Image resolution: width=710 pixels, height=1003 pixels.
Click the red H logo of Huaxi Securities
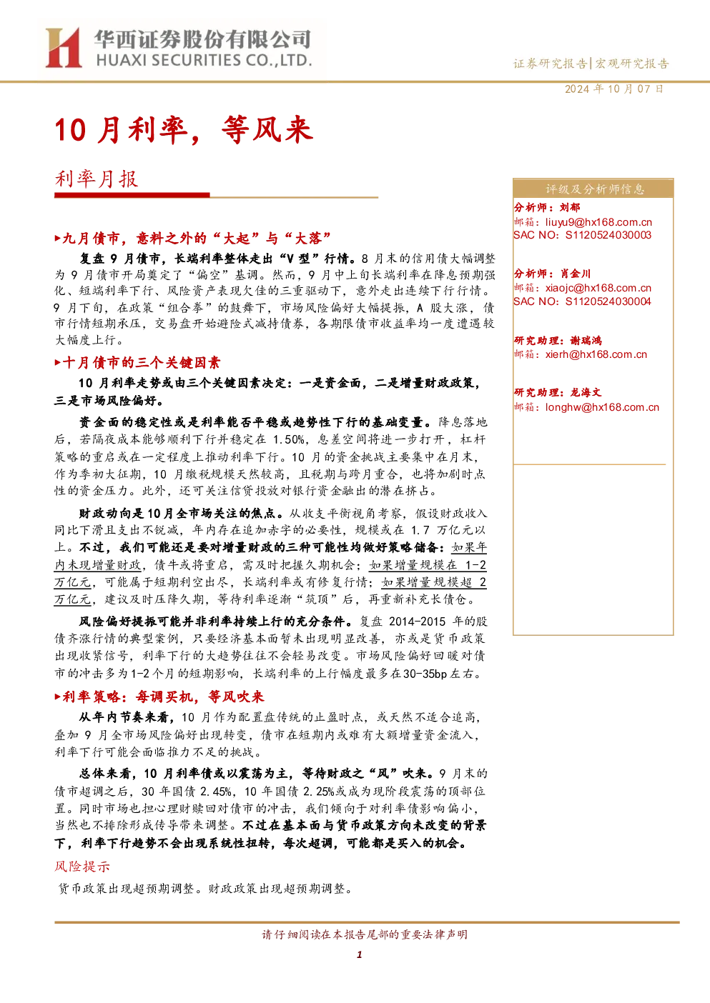(64, 47)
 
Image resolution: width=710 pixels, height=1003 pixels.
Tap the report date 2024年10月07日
(613, 89)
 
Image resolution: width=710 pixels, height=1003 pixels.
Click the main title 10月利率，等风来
(184, 130)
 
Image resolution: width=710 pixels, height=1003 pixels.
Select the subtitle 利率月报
(97, 179)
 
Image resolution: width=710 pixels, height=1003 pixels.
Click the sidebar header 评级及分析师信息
(595, 189)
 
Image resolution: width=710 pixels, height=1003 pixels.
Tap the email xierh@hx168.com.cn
(596, 354)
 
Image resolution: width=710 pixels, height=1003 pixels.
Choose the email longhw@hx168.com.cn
(602, 407)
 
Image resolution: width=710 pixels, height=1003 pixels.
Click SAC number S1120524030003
(608, 235)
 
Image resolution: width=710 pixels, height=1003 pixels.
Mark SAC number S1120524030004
(608, 301)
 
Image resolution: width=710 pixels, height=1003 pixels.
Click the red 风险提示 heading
(82, 866)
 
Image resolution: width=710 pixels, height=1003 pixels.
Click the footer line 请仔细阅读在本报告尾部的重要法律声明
(365, 934)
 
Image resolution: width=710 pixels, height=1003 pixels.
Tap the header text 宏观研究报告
(632, 64)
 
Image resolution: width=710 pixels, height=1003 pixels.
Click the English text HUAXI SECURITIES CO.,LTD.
(204, 61)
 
